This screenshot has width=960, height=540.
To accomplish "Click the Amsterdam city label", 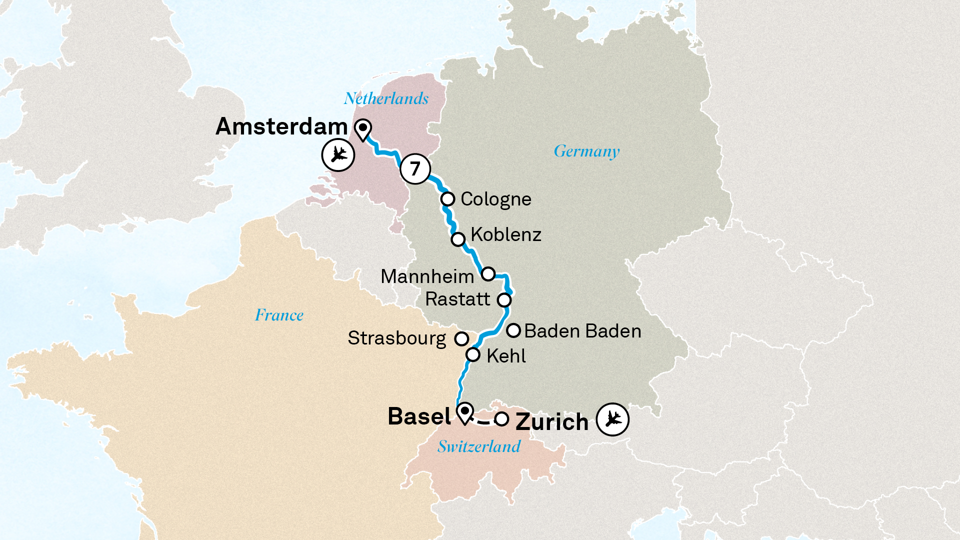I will [281, 126].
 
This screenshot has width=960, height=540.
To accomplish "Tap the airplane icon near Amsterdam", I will [338, 154].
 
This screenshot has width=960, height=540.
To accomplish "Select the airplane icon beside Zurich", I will [612, 419].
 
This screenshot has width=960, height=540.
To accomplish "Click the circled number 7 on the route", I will [415, 169].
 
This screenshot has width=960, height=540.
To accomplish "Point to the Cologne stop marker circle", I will [447, 199].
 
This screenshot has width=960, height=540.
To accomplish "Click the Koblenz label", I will [506, 234].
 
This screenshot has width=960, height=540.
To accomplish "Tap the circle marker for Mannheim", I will [488, 274].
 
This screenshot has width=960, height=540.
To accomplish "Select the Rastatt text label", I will [457, 299].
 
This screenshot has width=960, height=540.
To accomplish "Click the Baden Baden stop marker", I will [513, 330].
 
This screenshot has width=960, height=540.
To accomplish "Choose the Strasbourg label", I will [396, 338].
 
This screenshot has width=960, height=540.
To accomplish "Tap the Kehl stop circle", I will [473, 355].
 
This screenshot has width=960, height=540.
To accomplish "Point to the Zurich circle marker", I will [501, 419].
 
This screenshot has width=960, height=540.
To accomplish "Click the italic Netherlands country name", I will [386, 98].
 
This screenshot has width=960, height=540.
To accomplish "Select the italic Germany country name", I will [586, 151].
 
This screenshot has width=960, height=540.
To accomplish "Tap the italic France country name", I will [279, 315].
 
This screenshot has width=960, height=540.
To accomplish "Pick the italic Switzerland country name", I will [479, 446].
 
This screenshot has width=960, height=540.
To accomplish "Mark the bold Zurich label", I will [552, 422].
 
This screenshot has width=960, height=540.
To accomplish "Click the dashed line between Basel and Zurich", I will [483, 422].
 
